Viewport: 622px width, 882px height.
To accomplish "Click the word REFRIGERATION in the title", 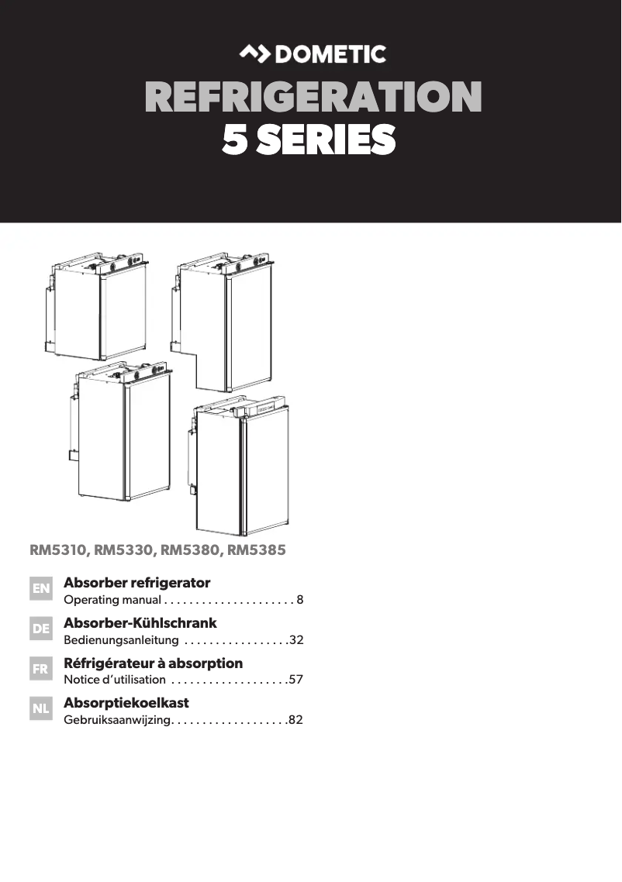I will (313, 98).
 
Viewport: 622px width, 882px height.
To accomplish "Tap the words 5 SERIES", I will (309, 140).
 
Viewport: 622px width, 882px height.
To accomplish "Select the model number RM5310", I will (59, 551).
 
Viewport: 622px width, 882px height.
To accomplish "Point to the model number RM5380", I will (190, 551).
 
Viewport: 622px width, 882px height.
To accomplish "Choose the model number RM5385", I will (256, 551).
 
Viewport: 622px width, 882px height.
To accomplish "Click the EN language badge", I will (40, 590).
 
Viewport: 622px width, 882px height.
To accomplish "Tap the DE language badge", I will (40, 629).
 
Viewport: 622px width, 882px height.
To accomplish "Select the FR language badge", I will (40, 670).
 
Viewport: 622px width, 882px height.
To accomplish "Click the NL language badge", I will (40, 709).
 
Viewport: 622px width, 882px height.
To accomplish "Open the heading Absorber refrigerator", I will (136, 583).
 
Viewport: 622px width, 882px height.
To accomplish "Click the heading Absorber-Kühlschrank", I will (140, 623).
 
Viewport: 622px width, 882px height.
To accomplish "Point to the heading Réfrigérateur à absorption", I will (153, 663).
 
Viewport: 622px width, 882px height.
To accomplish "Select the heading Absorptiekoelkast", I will (126, 703).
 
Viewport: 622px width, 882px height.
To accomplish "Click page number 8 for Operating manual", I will (299, 600).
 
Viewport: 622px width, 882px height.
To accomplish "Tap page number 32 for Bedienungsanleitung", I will (295, 640).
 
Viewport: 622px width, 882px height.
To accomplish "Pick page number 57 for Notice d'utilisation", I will (295, 680).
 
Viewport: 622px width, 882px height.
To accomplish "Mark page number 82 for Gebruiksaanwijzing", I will (295, 720).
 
